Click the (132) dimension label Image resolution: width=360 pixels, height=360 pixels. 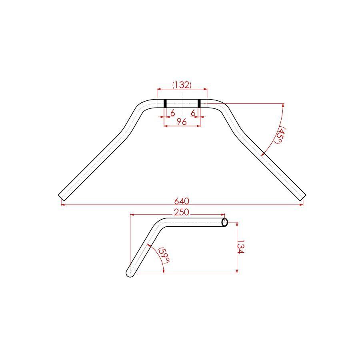[182, 85]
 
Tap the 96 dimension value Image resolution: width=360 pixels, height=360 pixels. [182, 122]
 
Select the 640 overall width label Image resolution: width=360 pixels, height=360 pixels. [182, 201]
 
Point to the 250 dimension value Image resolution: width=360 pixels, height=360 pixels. [181, 212]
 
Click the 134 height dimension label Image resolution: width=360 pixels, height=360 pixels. [240, 247]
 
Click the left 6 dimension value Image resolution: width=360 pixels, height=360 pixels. [173, 113]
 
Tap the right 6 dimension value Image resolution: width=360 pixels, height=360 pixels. [193, 113]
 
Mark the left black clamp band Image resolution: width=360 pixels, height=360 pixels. [165, 103]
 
